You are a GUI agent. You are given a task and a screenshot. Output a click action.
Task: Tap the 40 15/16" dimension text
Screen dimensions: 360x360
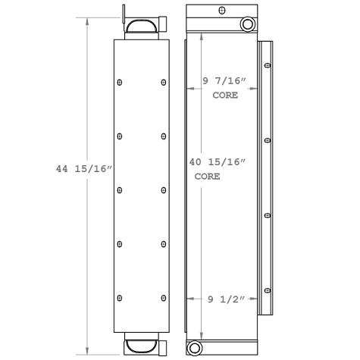click(223, 161)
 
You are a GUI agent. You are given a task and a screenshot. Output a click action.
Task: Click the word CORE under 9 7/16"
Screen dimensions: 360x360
click(226, 95)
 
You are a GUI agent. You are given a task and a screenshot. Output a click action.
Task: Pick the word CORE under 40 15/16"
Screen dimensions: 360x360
click(207, 175)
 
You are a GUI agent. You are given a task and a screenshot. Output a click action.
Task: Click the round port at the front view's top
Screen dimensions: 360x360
click(248, 26)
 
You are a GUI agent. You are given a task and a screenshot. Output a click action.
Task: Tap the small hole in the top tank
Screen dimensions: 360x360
click(220, 11)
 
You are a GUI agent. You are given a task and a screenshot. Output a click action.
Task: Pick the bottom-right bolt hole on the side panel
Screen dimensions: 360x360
click(164, 296)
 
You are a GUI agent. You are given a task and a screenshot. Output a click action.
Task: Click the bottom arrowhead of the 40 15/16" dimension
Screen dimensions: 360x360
click(201, 335)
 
